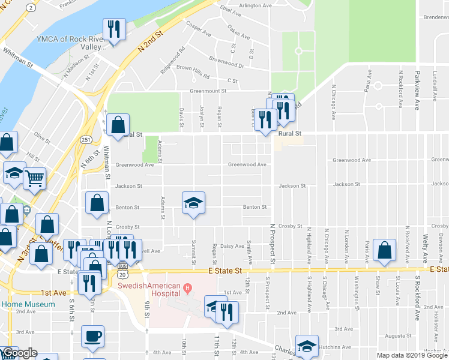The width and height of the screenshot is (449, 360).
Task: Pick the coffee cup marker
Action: [92, 337]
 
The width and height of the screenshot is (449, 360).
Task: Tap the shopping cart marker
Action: [35, 178]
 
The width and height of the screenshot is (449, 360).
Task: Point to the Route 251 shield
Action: [86, 139]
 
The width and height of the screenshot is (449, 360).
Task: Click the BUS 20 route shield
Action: [123, 269]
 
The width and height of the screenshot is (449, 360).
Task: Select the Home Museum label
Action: [28, 304]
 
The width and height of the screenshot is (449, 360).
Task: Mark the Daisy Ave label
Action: [232, 246]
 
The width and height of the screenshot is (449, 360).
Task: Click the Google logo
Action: [19, 353]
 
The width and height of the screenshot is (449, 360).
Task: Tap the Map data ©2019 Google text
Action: [411, 355]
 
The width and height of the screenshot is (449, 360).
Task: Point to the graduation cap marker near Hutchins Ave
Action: [307, 346]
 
